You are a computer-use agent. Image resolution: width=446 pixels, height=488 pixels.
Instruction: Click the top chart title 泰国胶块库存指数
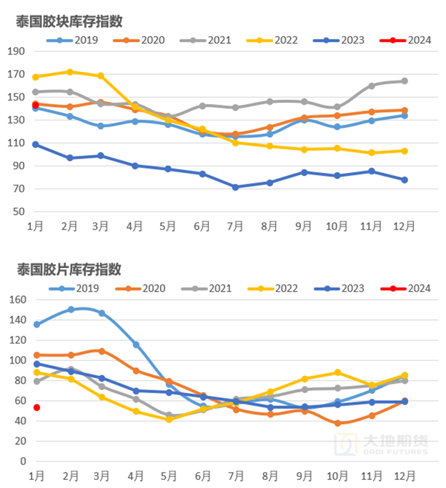click(69, 22)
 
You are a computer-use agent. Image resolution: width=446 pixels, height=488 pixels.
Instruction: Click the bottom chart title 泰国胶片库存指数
click(69, 270)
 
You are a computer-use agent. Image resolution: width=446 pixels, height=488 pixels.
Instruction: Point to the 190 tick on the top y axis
click(17, 51)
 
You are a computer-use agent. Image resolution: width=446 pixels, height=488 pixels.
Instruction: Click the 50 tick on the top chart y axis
click(19, 212)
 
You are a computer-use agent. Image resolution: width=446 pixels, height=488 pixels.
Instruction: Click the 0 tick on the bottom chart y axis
click(23, 461)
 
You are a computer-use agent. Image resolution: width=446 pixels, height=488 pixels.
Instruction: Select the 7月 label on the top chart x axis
click(236, 226)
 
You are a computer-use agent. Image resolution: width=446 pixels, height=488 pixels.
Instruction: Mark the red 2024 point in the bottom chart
click(36, 408)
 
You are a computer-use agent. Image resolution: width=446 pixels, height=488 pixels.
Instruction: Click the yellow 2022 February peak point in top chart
click(70, 72)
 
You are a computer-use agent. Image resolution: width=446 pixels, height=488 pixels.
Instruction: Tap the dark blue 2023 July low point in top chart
click(236, 187)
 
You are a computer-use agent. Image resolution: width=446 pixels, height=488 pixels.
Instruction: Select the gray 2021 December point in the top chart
click(404, 81)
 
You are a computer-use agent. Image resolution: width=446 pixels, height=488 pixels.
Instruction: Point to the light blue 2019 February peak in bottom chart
click(71, 309)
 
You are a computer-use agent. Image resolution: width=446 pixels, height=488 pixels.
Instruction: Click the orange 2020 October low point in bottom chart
click(337, 423)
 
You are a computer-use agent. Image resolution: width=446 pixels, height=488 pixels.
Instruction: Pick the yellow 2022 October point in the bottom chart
click(337, 372)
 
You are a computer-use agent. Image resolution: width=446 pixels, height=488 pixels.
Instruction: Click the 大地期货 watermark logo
click(387, 445)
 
